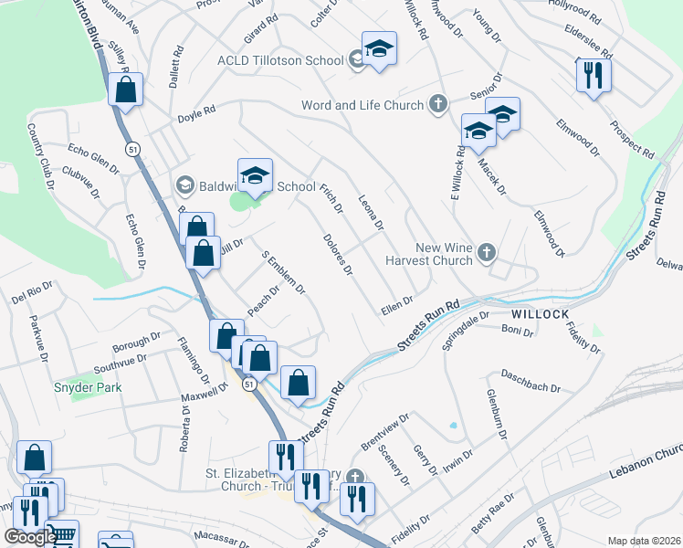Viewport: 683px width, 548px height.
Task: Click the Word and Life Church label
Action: [363, 105]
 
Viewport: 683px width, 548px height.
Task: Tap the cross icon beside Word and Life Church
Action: [438, 104]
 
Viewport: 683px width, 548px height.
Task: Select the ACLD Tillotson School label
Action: [279, 60]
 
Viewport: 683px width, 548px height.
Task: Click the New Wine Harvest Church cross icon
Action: [487, 253]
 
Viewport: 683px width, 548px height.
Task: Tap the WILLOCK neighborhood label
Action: [535, 313]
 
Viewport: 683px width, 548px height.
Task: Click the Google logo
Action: [30, 537]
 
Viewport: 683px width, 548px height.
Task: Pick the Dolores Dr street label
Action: [337, 255]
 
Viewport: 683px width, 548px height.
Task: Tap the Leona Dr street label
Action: [371, 213]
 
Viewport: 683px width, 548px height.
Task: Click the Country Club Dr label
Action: [39, 157]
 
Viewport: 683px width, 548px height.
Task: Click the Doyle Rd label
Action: [196, 112]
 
